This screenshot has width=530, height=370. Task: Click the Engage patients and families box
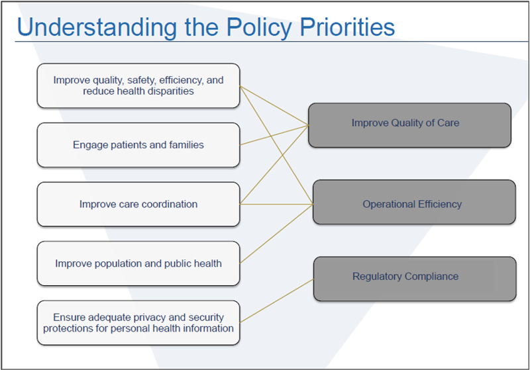click(x=138, y=145)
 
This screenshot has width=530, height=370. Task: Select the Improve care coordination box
click(x=138, y=205)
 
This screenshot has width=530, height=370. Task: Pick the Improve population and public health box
click(x=138, y=263)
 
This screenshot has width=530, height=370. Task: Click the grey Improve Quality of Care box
click(x=409, y=124)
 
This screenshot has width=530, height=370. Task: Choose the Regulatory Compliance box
click(x=413, y=277)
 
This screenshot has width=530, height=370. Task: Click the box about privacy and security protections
click(x=138, y=322)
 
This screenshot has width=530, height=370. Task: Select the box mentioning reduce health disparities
click(x=138, y=86)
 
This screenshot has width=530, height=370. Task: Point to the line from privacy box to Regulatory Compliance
click(x=276, y=301)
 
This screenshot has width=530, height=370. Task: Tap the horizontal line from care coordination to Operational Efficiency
click(x=276, y=204)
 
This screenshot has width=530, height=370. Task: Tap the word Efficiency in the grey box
click(x=439, y=205)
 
